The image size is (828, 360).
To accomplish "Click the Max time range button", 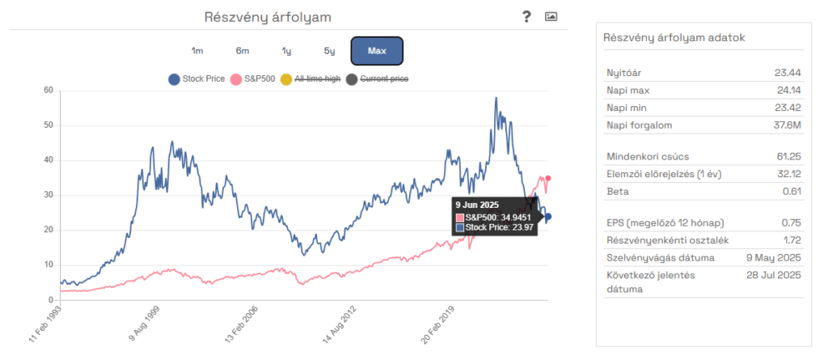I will (x=376, y=51).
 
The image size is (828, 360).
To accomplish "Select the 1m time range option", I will (x=197, y=51).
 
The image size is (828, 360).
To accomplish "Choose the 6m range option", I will (x=242, y=51).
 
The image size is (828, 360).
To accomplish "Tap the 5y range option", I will (x=329, y=51).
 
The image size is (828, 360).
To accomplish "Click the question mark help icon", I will (x=526, y=16).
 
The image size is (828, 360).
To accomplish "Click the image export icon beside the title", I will (x=551, y=16).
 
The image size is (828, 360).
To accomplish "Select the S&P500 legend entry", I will (x=254, y=79).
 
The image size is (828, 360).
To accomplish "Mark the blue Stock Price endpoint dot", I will (x=547, y=217).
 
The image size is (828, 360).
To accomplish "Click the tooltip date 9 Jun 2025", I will (x=478, y=205).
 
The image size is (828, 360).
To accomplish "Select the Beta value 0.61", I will (x=788, y=192).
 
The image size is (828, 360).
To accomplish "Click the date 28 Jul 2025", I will (x=773, y=276).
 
